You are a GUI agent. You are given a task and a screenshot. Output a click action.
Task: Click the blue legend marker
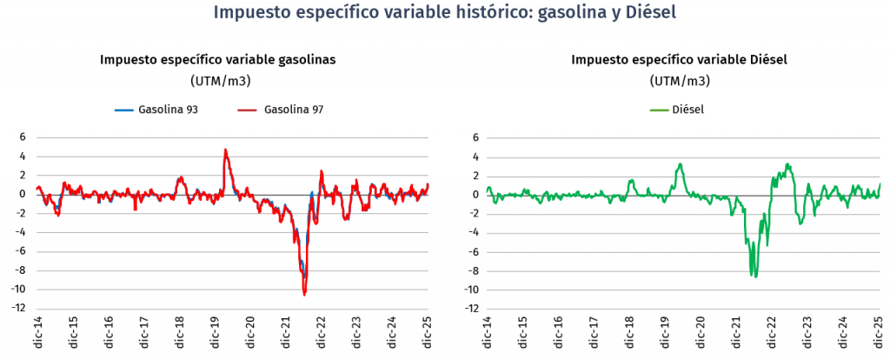[x=124, y=110]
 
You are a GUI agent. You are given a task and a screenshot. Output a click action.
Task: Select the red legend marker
[x=247, y=110]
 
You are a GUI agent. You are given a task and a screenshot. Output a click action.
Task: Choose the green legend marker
[x=660, y=110]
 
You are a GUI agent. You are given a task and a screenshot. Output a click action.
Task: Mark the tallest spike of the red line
[x=225, y=150]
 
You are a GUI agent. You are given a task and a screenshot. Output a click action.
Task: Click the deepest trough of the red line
[x=304, y=295]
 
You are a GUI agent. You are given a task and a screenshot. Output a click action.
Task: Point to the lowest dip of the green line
[x=754, y=277]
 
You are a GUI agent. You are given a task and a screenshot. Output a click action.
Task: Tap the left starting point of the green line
[x=487, y=189]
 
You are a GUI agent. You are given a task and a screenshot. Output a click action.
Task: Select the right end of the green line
[x=880, y=183]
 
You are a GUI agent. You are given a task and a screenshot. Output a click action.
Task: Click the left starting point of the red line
[x=37, y=187]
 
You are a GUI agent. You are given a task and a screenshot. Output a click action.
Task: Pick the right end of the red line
[x=428, y=184]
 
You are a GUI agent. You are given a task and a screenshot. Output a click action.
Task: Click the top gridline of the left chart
[x=232, y=138]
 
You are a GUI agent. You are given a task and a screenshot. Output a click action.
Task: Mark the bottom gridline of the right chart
[x=683, y=309]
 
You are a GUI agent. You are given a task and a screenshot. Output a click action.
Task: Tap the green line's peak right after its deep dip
[x=787, y=164]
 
